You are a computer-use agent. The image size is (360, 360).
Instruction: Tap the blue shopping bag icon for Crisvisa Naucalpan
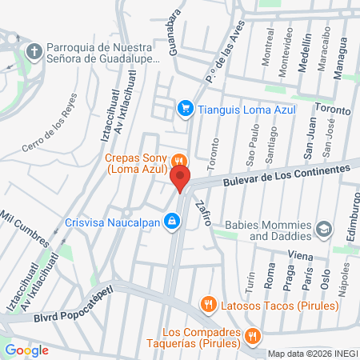click(x=171, y=221)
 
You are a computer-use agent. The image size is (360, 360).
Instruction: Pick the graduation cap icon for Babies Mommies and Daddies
click(x=324, y=230)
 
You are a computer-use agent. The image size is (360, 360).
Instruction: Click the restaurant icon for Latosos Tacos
click(x=208, y=304)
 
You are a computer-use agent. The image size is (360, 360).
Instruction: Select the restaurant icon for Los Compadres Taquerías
click(x=253, y=335)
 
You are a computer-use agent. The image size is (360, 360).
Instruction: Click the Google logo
click(x=26, y=350)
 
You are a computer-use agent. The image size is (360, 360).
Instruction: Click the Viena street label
click(x=300, y=254)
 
